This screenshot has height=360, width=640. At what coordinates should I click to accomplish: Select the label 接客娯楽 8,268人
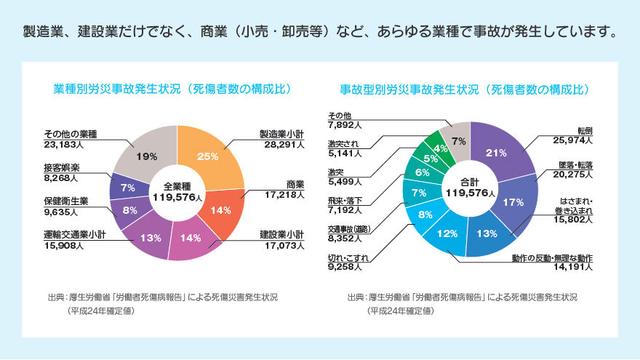click(61, 172)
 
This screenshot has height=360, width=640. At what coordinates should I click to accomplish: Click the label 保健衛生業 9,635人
click(65, 206)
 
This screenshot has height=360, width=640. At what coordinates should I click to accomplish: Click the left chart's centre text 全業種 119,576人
click(177, 191)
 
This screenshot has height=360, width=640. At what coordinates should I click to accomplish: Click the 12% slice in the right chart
click(447, 233)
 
